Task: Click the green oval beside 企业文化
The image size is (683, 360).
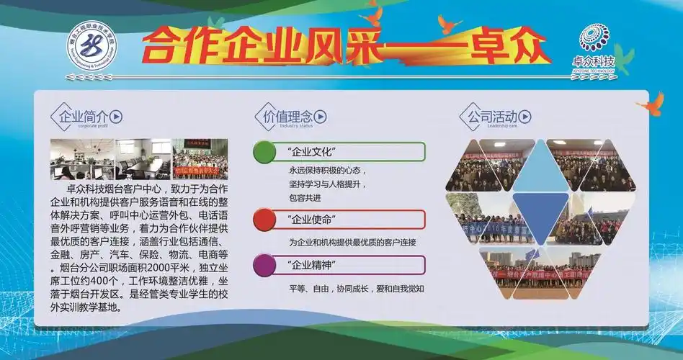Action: coord(264,152)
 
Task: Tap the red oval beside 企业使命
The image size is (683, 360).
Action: coord(264,219)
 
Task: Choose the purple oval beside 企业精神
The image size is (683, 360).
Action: coord(264,265)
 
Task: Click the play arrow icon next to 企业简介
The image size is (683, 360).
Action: coord(117,117)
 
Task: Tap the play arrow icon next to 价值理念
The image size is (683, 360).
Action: coord(321,117)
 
